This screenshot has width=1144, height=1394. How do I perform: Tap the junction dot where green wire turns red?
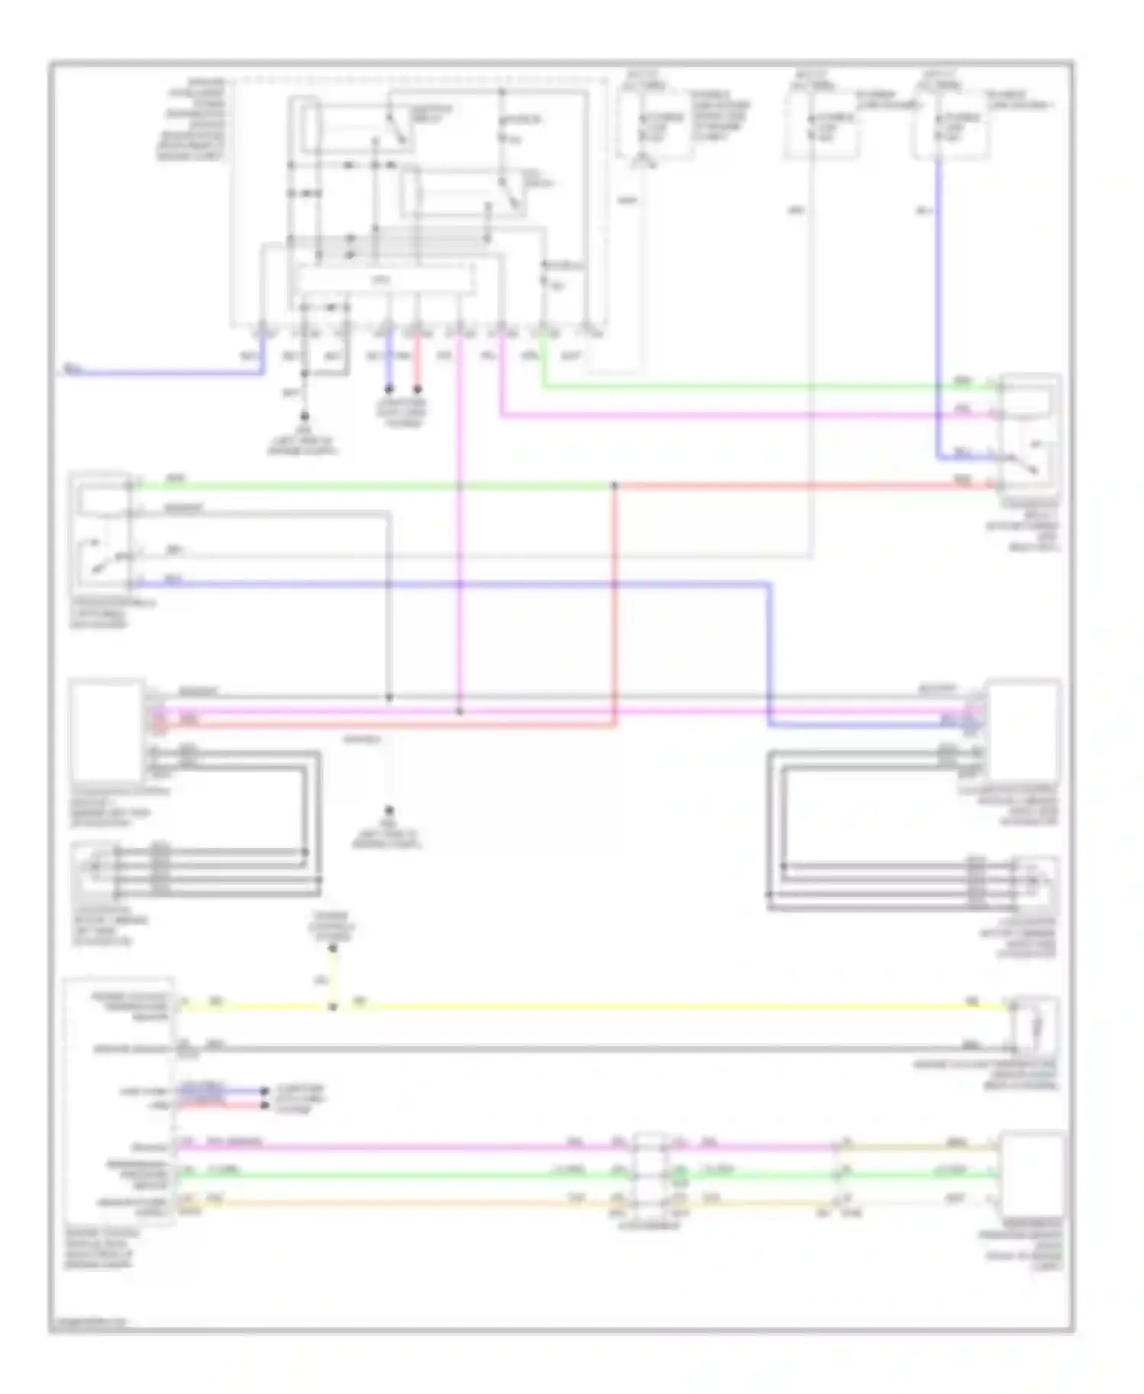pyautogui.click(x=615, y=485)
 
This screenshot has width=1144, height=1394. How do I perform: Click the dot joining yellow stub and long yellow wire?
pyautogui.click(x=333, y=1007)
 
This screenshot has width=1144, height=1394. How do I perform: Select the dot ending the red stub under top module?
pyautogui.click(x=418, y=389)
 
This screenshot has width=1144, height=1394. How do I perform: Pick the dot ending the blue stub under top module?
pyautogui.click(x=388, y=389)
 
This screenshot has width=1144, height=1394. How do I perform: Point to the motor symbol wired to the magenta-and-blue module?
pyautogui.click(x=1034, y=882)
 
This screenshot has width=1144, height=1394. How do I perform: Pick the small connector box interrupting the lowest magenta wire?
pyautogui.click(x=649, y=1174)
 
